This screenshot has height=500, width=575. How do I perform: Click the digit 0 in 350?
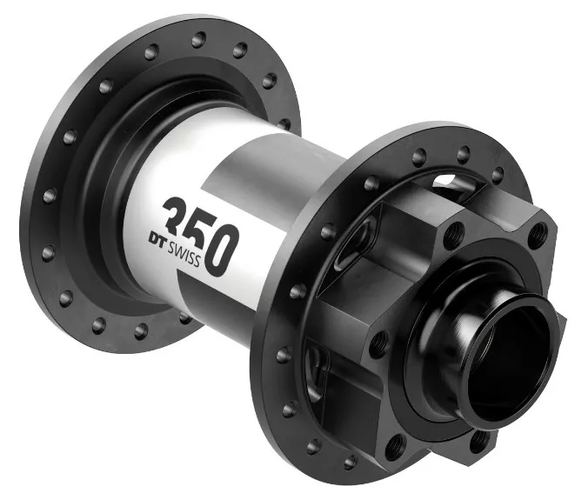point(222,250)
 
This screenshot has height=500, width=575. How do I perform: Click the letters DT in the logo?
point(157,238)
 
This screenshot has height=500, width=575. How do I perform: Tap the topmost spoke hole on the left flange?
point(198,39)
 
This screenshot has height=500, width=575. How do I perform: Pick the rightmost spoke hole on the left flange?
point(284,123)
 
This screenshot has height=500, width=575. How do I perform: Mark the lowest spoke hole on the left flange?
point(141,331)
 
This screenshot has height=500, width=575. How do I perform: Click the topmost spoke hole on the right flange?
point(464,154)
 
